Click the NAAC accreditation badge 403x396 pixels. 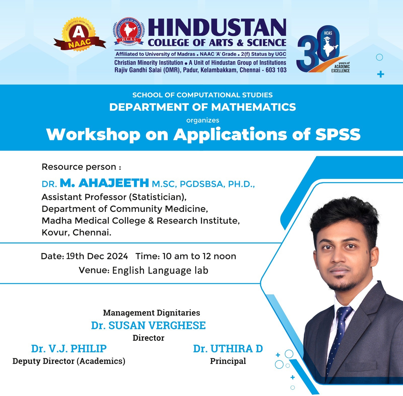(x=79, y=34)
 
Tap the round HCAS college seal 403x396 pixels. (x=129, y=32)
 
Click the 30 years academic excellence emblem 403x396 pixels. (x=324, y=49)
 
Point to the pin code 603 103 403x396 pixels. (x=276, y=70)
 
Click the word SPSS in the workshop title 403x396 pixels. (x=338, y=134)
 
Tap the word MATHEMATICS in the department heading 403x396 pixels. (x=254, y=107)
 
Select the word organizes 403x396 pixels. (x=203, y=120)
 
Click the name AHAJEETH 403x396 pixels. (x=114, y=183)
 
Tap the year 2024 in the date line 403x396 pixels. (x=117, y=256)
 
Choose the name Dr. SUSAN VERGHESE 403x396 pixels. (x=148, y=325)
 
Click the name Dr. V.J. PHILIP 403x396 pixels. (x=69, y=349)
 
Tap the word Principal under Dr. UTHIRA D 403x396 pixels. (x=228, y=361)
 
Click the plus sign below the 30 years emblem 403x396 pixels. (x=381, y=74)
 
